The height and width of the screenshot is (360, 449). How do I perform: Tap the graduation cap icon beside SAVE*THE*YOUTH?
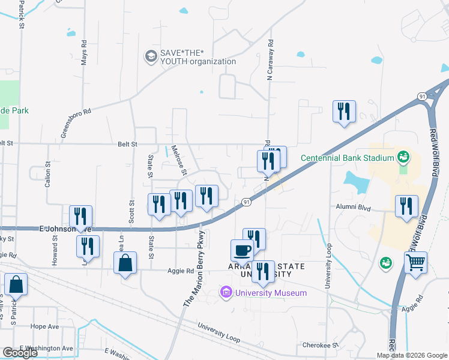coord(150,57)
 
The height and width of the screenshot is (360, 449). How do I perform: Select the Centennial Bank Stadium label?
coord(347,158)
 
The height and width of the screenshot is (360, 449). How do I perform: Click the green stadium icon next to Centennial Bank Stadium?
coord(403,158)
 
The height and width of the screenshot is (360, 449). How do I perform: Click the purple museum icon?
coord(226,293)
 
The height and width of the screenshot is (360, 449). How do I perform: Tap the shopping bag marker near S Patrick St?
coord(16,284)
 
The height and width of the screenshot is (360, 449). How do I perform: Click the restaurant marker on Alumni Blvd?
coord(406,206)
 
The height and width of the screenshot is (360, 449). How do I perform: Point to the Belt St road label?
coord(127,144)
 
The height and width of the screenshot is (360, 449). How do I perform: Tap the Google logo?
coord(20,353)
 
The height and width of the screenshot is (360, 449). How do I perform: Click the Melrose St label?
coord(179,161)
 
